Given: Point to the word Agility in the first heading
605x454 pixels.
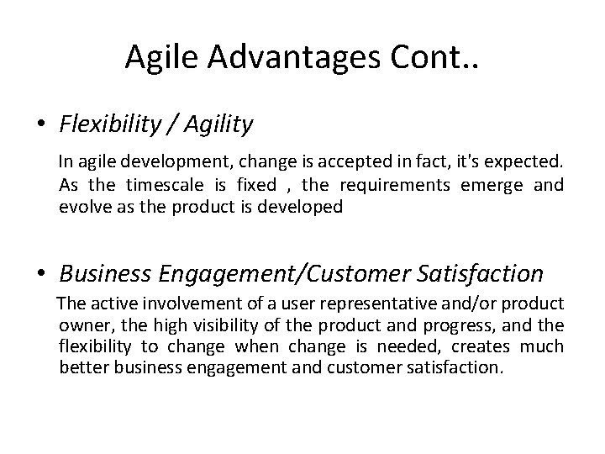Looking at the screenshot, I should [x=215, y=126].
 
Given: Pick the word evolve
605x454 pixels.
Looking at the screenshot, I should [x=81, y=207].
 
